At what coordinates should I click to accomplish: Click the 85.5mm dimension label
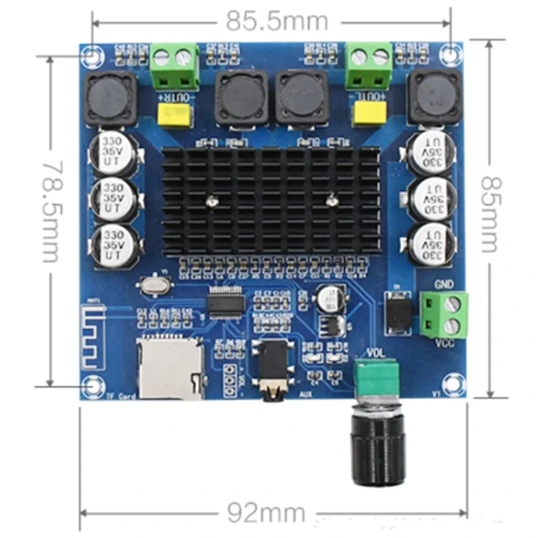[276, 22]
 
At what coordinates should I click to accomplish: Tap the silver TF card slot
[171, 369]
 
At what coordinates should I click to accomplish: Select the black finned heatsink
[271, 201]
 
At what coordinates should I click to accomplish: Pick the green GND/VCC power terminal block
[444, 315]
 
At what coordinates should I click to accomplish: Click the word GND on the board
[444, 284]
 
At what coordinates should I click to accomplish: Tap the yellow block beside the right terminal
[369, 115]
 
